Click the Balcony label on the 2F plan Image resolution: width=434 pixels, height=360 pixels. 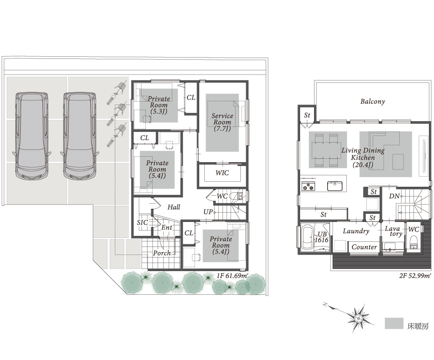click(x=373, y=102)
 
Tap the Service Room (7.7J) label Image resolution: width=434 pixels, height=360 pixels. click(x=222, y=122)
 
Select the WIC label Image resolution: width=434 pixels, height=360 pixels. click(x=222, y=173)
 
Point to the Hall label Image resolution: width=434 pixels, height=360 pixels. click(x=174, y=207)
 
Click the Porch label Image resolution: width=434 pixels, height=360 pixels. click(x=162, y=253)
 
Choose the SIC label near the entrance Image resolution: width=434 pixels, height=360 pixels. click(x=142, y=223)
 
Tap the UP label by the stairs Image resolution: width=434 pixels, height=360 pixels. click(x=208, y=212)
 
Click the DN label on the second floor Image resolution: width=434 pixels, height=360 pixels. click(x=394, y=196)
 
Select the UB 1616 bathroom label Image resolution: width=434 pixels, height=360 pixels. click(x=322, y=237)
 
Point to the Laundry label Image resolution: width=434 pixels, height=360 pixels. click(x=356, y=231)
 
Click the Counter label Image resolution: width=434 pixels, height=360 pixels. click(x=364, y=247)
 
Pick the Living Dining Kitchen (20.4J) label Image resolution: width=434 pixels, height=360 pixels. click(x=363, y=158)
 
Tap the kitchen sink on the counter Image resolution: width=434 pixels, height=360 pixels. click(x=335, y=186)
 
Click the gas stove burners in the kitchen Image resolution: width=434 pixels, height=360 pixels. click(x=309, y=187)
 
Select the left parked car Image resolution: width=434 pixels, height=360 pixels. click(x=31, y=136)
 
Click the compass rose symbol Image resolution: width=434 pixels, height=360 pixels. click(x=359, y=318)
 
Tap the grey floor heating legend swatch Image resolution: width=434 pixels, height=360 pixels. click(x=394, y=323)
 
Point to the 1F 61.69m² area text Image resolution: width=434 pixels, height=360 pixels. click(x=232, y=276)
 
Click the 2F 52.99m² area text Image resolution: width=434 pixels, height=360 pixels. click(x=415, y=276)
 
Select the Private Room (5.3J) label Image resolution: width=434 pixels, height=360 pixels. click(x=159, y=105)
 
